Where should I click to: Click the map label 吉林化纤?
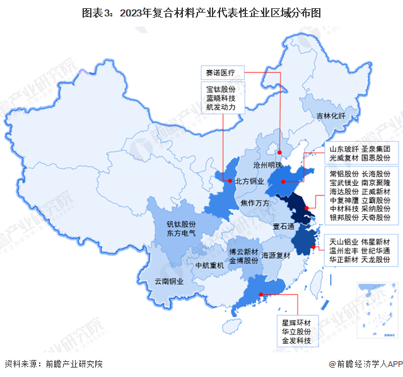[x=331, y=116]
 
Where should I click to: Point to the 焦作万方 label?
[x=255, y=203]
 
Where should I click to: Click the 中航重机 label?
[x=210, y=265]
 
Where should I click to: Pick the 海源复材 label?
[x=275, y=255]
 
